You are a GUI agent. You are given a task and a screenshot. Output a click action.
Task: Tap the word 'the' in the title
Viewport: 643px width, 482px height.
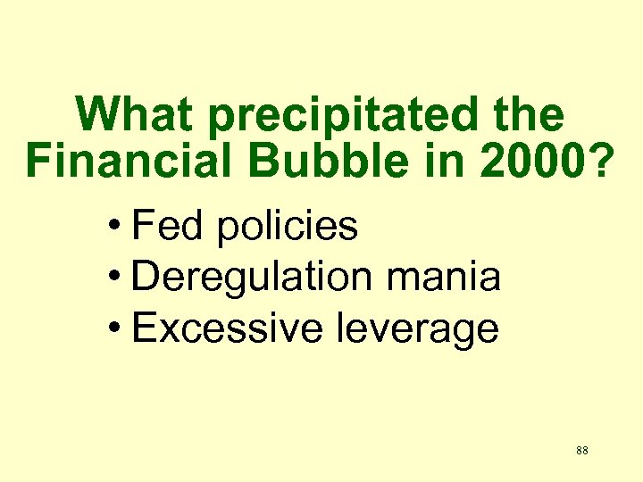click(530, 115)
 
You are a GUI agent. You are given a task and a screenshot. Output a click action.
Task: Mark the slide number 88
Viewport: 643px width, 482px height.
click(581, 451)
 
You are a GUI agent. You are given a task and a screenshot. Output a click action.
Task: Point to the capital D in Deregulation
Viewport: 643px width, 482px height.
click(144, 278)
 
